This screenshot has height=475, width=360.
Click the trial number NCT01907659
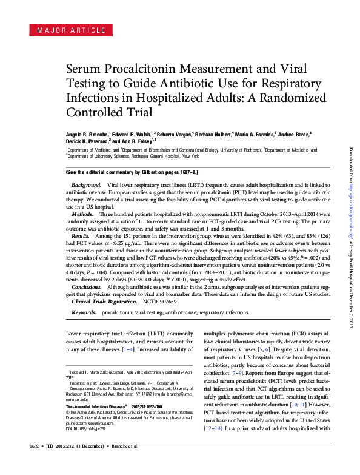pos(161,301)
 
